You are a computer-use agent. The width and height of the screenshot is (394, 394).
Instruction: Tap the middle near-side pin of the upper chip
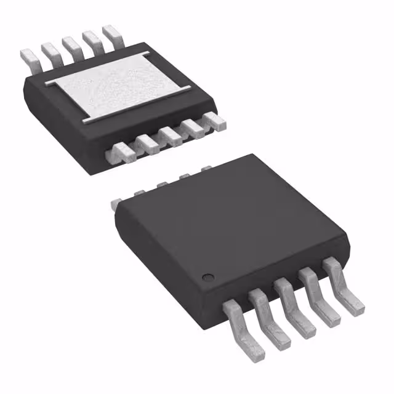[x=171, y=134]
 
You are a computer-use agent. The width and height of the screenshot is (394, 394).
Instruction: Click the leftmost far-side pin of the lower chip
[x=117, y=201]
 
